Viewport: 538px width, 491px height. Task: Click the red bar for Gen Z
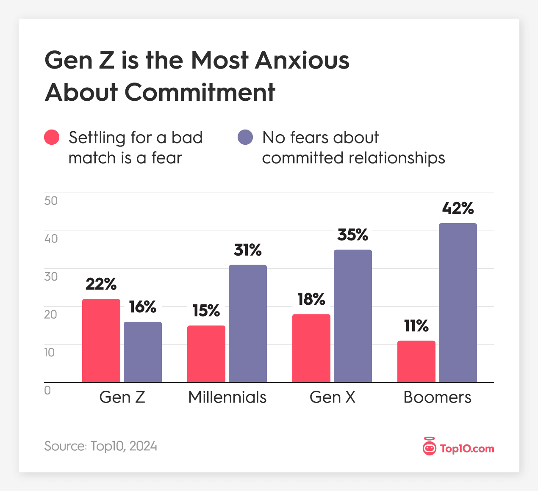[101, 341]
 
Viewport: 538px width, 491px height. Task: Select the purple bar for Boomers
[458, 303]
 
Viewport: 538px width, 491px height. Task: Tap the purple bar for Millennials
[248, 324]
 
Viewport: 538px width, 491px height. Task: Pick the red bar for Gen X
[311, 348]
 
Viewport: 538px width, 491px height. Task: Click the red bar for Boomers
[416, 361]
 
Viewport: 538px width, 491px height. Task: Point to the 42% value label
[458, 208]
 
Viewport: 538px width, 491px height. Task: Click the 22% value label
[101, 284]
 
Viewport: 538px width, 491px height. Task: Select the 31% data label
[248, 250]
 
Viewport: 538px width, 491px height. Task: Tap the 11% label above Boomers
[416, 326]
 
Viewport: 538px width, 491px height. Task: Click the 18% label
[311, 300]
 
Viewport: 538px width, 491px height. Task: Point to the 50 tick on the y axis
[51, 201]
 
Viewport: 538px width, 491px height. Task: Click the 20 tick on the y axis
[51, 314]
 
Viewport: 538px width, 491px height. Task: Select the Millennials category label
[227, 397]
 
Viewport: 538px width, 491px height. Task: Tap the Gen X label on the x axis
[333, 397]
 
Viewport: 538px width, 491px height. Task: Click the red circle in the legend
[52, 137]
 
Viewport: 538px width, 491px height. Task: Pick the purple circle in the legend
[245, 137]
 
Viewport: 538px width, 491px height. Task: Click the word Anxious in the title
[302, 60]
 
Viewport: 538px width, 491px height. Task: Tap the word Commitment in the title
[200, 92]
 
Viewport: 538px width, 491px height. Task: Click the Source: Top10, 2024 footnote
[101, 446]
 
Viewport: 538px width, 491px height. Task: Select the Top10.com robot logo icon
[429, 447]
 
